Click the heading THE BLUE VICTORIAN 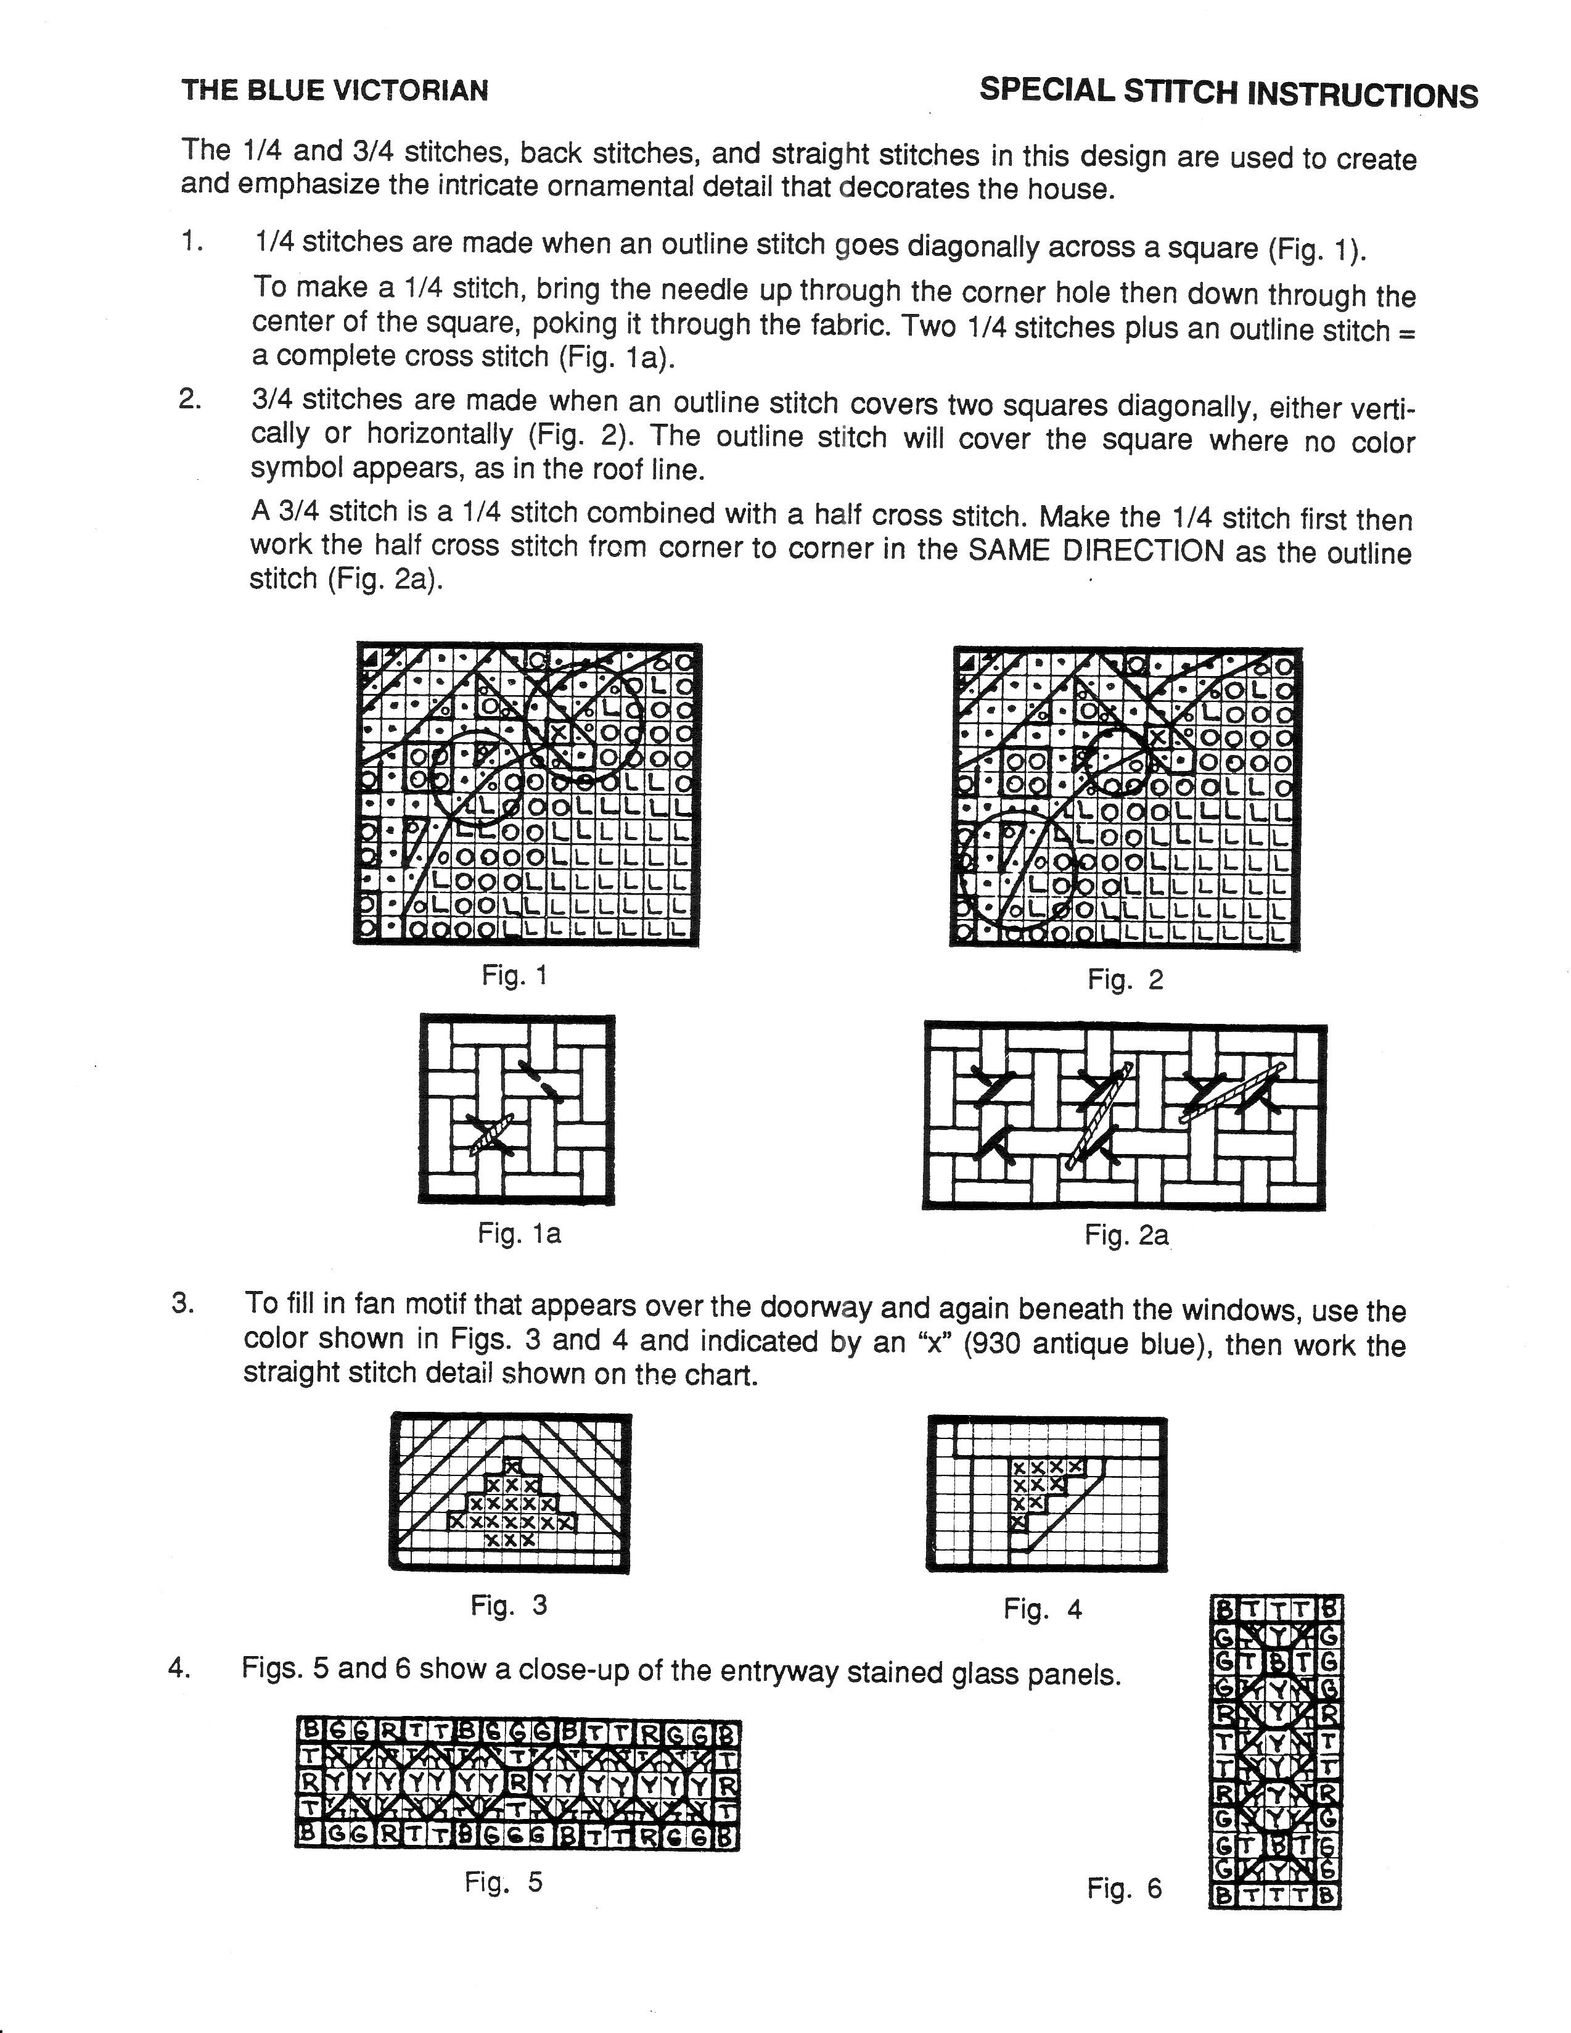[x=334, y=90]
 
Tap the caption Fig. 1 [x=514, y=976]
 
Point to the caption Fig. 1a [x=519, y=1234]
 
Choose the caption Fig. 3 [x=508, y=1605]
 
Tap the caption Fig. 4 [x=1043, y=1609]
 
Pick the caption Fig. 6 [x=1124, y=1888]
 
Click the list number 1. [x=190, y=241]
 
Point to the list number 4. [x=179, y=1667]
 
